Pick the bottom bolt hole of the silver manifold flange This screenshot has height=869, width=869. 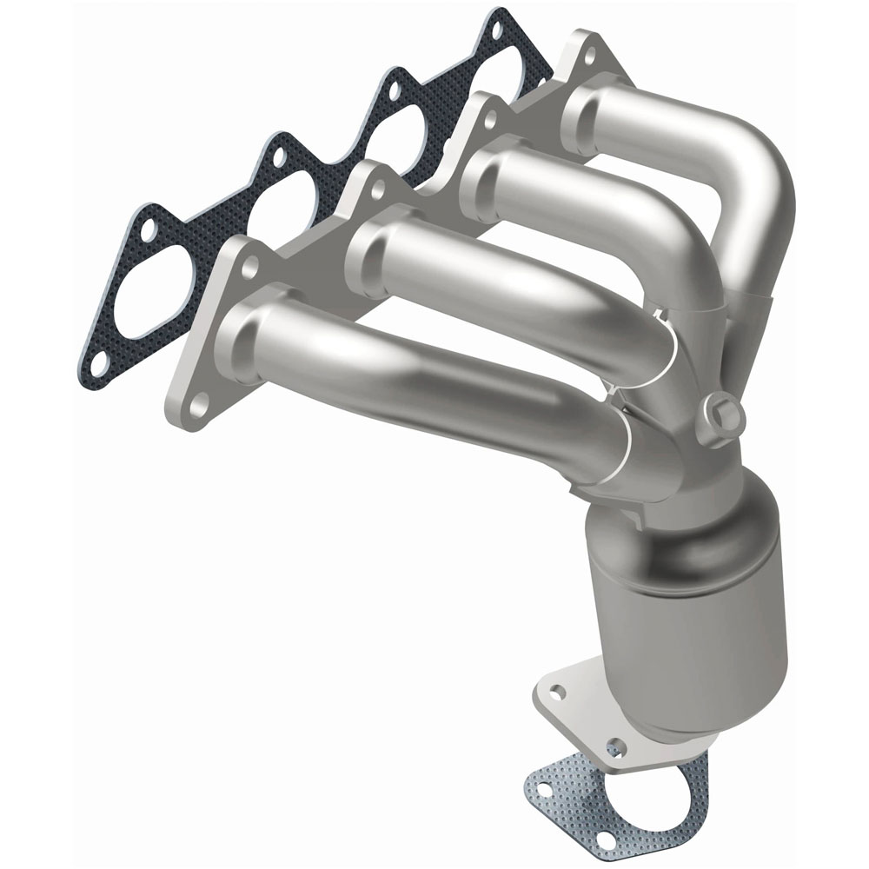click(x=198, y=401)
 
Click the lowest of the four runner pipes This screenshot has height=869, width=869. click(x=417, y=382)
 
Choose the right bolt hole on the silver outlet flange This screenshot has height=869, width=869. click(x=616, y=746)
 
